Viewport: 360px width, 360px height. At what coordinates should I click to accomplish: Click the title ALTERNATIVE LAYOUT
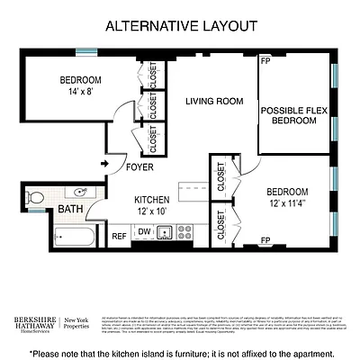(181, 26)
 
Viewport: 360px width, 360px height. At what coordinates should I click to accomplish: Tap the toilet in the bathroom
(34, 196)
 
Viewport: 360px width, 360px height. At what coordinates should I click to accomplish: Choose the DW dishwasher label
(143, 232)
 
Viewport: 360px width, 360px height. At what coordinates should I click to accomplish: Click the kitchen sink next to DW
(165, 232)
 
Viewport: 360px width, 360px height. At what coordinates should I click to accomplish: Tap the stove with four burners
(185, 232)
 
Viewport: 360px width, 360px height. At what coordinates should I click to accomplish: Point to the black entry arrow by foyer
(105, 164)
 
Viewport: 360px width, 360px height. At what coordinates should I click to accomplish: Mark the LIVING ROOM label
(215, 101)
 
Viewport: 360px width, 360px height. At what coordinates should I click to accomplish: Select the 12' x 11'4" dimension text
(287, 203)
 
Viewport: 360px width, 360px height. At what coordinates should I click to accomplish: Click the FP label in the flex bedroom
(265, 63)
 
